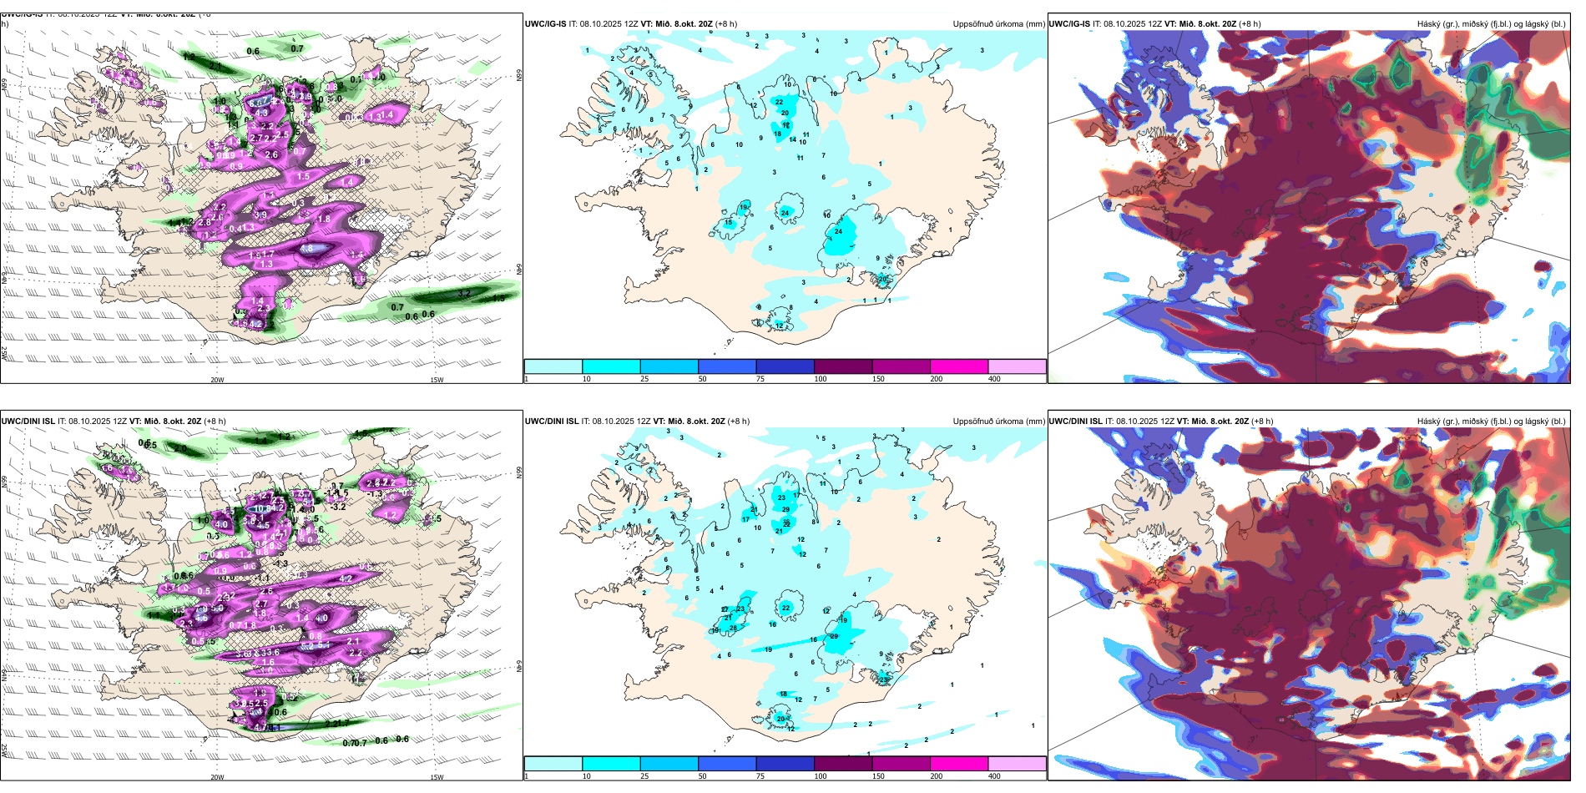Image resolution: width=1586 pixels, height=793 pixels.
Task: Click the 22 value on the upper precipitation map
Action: (779, 102)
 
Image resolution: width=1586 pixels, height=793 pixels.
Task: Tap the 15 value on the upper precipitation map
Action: (728, 223)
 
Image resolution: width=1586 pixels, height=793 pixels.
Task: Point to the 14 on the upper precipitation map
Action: (793, 140)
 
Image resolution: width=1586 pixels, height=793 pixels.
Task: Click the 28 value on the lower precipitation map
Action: (733, 628)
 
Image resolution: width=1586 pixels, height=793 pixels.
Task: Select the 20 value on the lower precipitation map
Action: (780, 719)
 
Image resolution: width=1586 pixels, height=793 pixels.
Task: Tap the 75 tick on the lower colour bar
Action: (760, 776)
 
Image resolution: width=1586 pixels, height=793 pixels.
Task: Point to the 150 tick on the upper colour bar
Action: (878, 379)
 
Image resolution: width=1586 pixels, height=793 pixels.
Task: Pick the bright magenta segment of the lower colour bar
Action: (959, 764)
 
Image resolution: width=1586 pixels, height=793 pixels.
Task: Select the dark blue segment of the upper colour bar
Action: (785, 366)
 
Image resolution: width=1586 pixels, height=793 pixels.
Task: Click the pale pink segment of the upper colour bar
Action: (1017, 366)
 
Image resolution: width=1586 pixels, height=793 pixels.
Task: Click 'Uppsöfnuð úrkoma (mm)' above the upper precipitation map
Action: (998, 24)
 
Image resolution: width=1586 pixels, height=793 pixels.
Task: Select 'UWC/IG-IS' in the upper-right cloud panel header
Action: (1069, 24)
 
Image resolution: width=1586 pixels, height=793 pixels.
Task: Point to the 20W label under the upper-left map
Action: (217, 380)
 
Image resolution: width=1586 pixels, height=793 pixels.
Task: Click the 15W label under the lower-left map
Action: (437, 777)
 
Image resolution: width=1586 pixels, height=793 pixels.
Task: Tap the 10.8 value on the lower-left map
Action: (261, 508)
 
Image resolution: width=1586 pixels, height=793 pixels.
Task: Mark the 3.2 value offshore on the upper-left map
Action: (465, 293)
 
